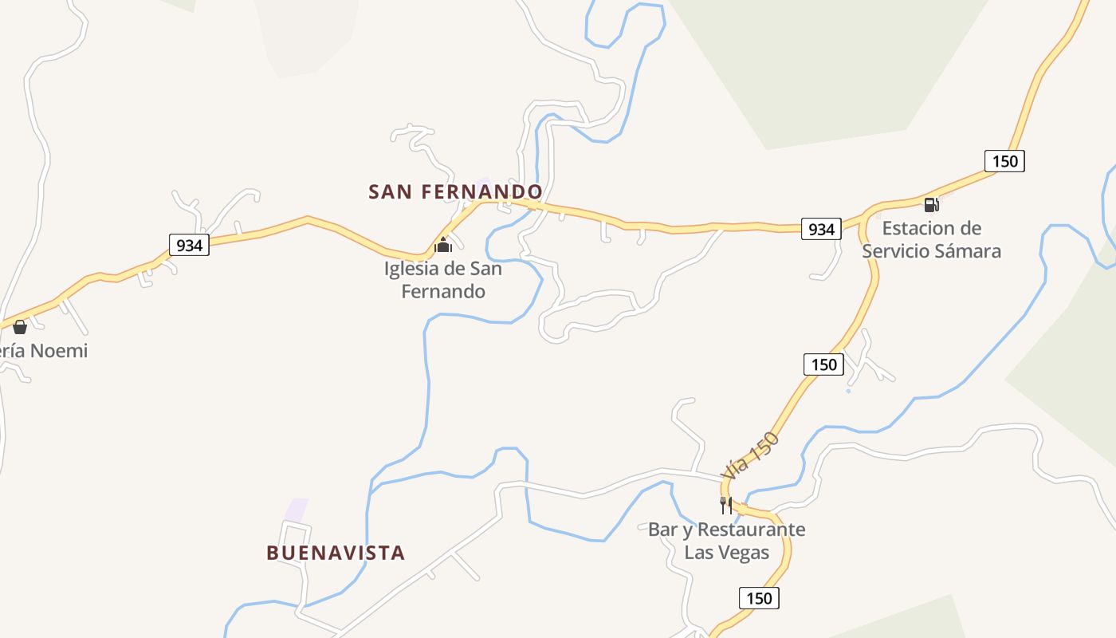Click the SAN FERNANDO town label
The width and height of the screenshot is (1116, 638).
[x=455, y=192]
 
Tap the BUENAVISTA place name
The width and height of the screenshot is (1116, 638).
[x=336, y=553]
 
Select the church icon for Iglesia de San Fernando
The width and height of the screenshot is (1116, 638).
[x=443, y=244]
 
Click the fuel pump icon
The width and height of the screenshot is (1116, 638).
[x=931, y=204]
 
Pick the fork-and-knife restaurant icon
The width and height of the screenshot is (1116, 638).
[x=725, y=505]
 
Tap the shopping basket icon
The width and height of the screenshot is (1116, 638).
[x=20, y=327]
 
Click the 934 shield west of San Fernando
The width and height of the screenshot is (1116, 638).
[x=189, y=245]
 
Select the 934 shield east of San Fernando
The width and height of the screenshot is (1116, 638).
[x=821, y=230]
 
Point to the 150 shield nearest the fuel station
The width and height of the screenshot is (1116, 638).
[x=1004, y=161]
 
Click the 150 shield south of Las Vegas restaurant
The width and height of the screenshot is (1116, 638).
[x=759, y=597]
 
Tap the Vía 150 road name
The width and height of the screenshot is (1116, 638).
[x=749, y=455]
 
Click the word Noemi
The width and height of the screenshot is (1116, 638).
[x=60, y=351]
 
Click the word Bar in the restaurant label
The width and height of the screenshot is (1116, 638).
[x=662, y=530]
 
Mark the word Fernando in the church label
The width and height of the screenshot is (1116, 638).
[x=443, y=291]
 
